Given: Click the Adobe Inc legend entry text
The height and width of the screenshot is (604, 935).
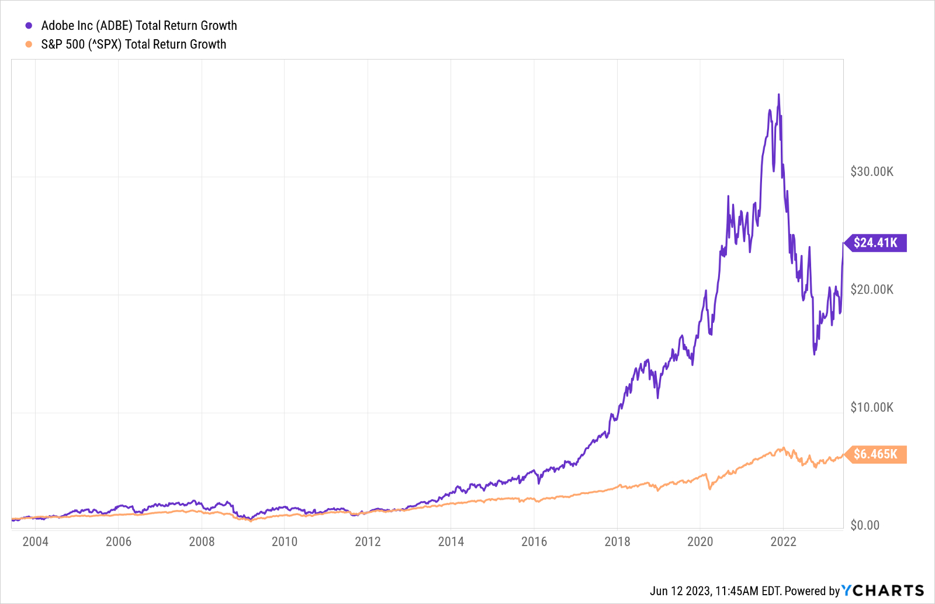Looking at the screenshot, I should (x=139, y=26).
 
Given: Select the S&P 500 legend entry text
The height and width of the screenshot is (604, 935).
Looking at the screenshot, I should (x=133, y=44).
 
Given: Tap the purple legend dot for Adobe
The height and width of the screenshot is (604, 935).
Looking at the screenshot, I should (x=29, y=26).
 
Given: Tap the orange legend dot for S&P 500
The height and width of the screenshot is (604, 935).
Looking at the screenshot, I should (x=29, y=44).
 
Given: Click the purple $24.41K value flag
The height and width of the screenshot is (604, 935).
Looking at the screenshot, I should (x=875, y=243).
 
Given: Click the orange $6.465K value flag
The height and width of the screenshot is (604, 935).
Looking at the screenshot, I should (x=875, y=454).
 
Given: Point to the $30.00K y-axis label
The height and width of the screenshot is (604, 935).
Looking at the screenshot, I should (x=872, y=172).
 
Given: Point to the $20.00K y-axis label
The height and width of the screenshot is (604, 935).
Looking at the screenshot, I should (x=872, y=290).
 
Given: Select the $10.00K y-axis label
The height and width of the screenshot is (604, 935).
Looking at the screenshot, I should (x=872, y=408).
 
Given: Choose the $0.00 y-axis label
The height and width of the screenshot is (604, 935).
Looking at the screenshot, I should (x=865, y=526).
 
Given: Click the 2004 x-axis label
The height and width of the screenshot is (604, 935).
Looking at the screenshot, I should (x=35, y=542).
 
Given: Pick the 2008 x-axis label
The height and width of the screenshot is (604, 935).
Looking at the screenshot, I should (x=202, y=542).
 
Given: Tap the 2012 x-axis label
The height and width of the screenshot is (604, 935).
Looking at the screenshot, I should (x=368, y=542).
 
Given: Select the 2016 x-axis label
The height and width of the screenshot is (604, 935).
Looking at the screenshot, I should (x=534, y=542).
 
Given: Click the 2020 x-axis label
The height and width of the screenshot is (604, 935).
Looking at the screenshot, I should (x=700, y=542).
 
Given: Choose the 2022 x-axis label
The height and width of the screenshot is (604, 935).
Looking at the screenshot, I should (x=783, y=542).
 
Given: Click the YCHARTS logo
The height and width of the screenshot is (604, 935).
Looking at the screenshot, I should (x=883, y=591).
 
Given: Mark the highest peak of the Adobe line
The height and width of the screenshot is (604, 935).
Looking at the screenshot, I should (x=778, y=95).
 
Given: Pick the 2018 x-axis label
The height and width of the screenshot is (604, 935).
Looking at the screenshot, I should (x=617, y=542).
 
